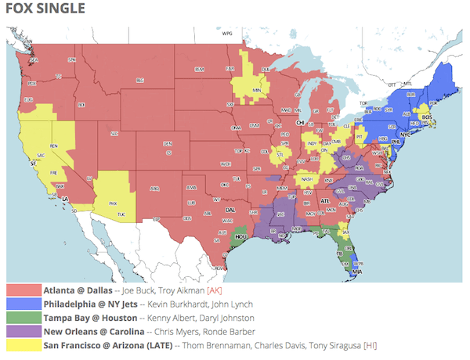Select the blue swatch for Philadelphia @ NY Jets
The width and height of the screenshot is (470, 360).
point(23,304)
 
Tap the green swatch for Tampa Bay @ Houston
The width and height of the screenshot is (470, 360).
point(23,318)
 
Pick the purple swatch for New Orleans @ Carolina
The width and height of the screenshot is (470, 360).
point(23,332)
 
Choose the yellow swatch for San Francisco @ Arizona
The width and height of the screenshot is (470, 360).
point(23,345)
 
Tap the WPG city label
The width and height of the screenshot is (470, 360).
point(227,34)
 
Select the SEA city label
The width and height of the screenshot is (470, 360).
point(34,60)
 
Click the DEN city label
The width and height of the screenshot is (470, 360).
point(167,143)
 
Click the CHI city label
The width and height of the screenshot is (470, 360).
point(299,123)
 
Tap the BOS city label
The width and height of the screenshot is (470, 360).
point(427,117)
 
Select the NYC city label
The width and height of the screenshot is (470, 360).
point(407,135)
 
